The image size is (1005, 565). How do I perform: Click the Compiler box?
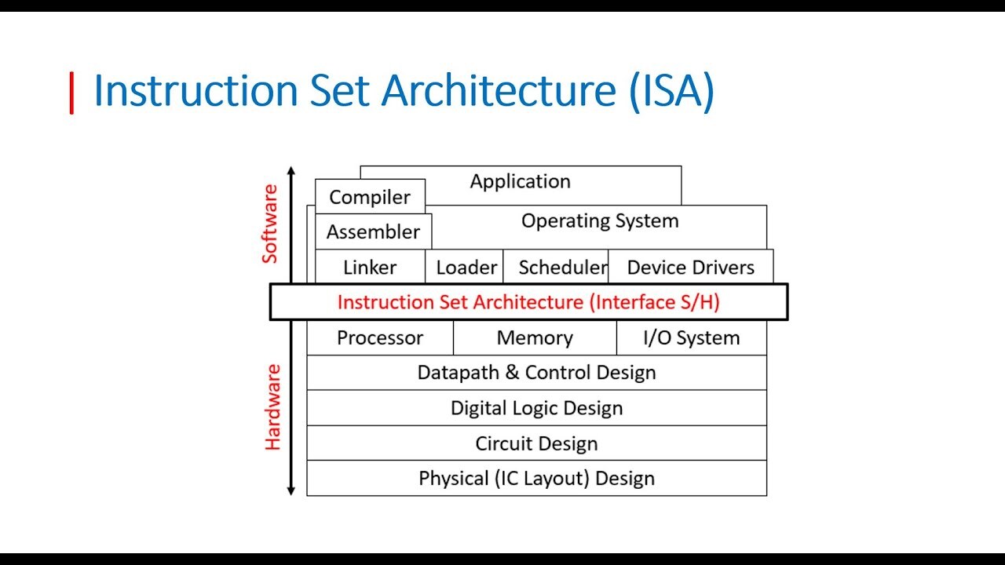tap(370, 196)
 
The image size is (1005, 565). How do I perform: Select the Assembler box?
tap(373, 231)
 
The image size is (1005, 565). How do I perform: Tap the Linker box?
tap(370, 267)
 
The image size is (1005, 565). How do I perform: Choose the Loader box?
tap(464, 267)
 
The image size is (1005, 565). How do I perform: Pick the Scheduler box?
tap(555, 267)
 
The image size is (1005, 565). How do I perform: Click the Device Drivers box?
tap(691, 267)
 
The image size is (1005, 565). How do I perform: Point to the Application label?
tap(521, 181)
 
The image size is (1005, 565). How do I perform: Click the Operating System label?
tap(600, 221)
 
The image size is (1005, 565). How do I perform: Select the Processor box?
tap(380, 337)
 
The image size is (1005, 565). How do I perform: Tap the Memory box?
tap(535, 337)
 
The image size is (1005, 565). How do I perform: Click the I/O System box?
tap(692, 337)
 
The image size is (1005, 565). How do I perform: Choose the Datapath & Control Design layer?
tap(537, 373)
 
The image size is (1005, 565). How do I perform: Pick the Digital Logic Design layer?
tap(537, 408)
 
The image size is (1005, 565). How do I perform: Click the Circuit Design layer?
tap(537, 443)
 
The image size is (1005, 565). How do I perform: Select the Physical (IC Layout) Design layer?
tap(537, 478)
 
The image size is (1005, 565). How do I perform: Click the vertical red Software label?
tap(269, 224)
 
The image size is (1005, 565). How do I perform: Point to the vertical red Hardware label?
tap(272, 407)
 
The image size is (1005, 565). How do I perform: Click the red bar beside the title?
tap(71, 93)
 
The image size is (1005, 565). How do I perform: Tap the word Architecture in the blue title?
tap(499, 90)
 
